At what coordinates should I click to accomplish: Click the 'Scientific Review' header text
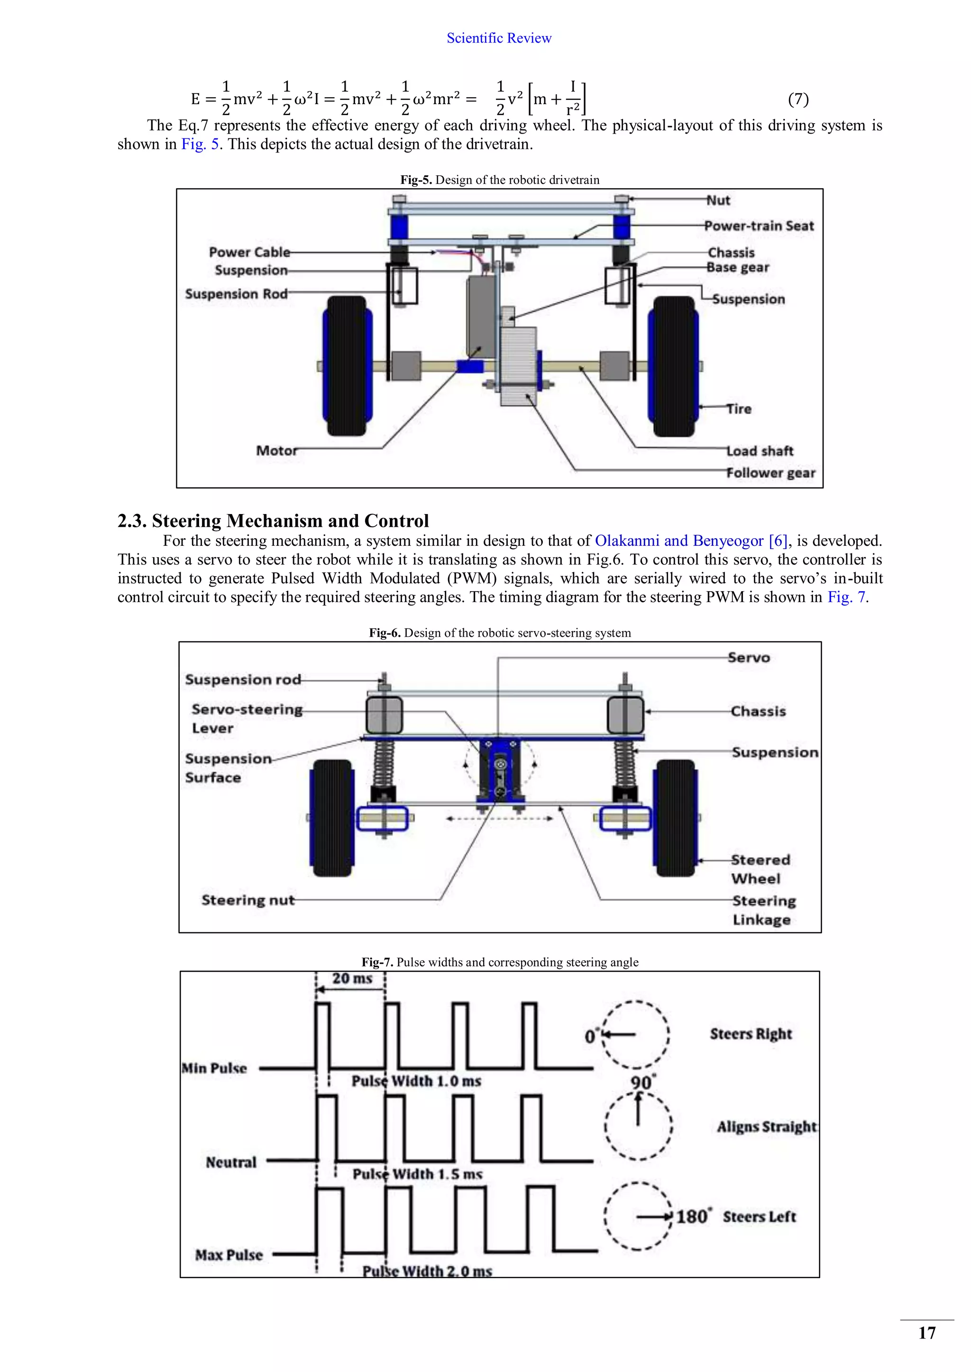(499, 38)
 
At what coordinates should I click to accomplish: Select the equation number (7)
(798, 99)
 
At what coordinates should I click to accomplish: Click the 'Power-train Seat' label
(759, 226)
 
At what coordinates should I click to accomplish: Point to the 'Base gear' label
(738, 268)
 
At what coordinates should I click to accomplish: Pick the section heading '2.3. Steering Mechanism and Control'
(273, 521)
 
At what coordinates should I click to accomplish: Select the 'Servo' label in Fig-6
(749, 657)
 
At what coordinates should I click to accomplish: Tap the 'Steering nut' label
(247, 900)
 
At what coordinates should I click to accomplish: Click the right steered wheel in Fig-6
(676, 819)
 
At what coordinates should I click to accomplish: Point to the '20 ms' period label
(352, 978)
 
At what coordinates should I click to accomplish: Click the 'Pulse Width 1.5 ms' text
(417, 1174)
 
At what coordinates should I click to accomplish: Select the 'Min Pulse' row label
(214, 1068)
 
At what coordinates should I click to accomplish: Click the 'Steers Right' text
(751, 1034)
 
